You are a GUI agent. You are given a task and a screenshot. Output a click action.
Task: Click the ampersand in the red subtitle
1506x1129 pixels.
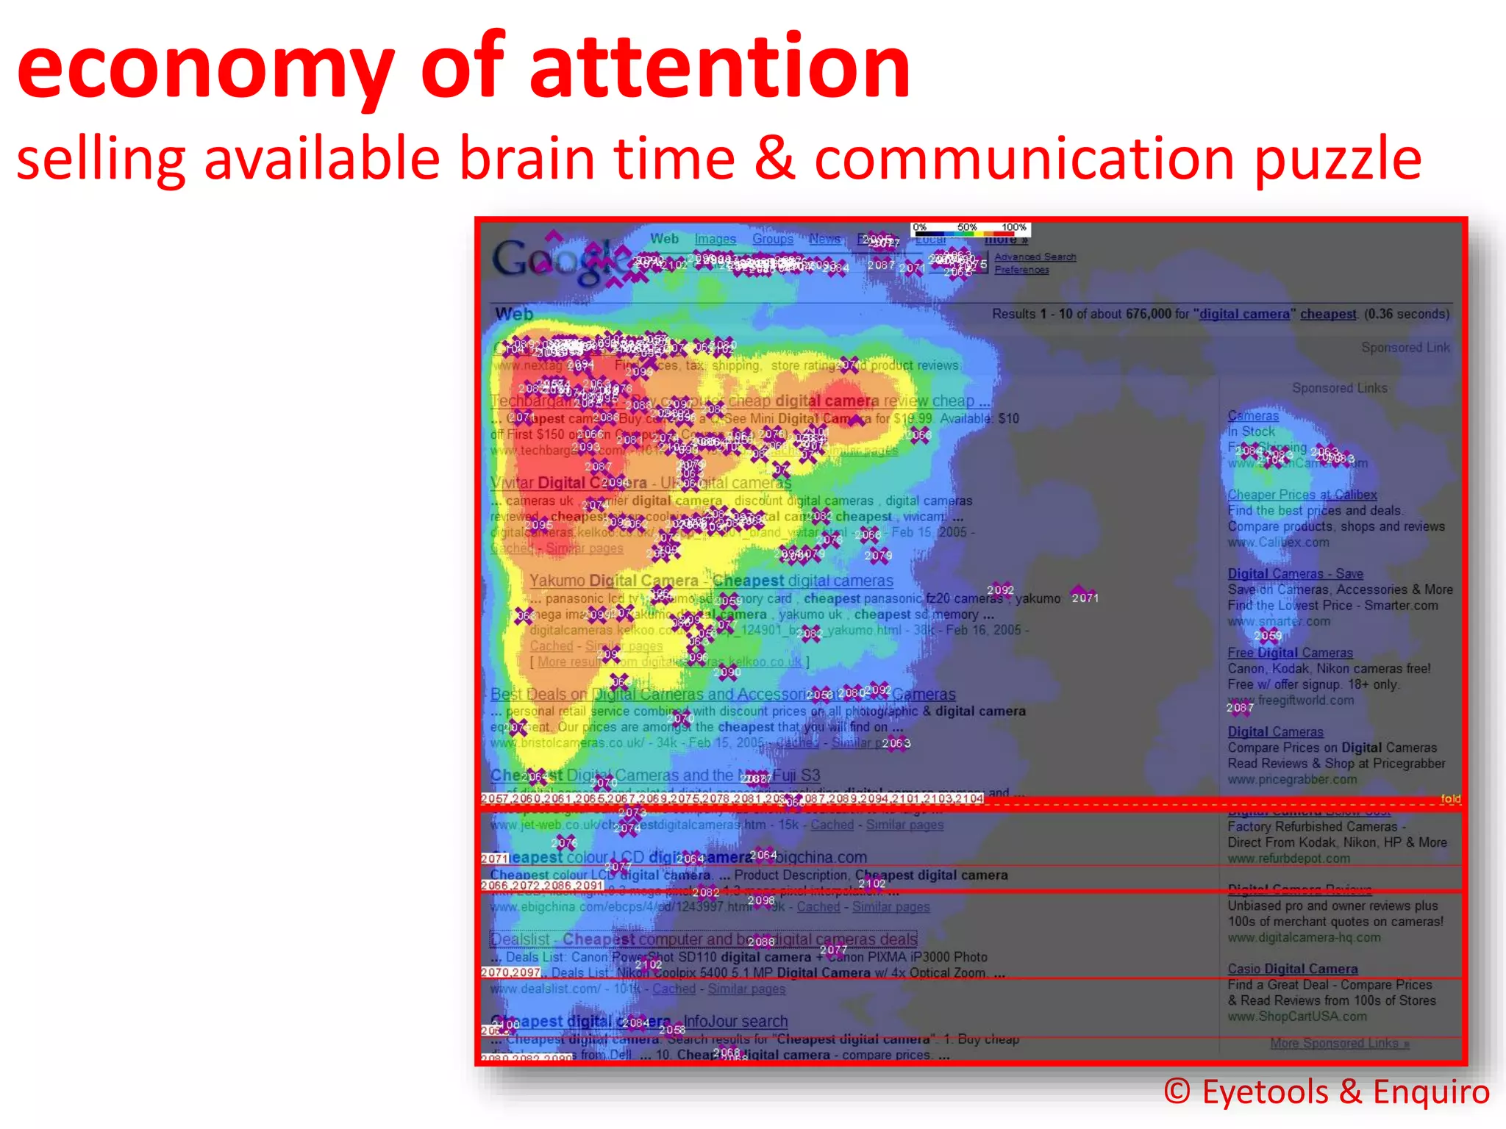point(774,158)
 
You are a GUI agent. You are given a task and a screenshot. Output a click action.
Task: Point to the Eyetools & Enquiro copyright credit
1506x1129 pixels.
point(1327,1092)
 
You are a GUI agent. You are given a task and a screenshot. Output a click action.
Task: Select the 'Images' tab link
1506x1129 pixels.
point(715,239)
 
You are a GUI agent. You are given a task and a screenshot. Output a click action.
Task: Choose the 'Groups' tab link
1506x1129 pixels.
point(772,239)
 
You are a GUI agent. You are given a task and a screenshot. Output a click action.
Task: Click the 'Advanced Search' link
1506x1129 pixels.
point(1035,257)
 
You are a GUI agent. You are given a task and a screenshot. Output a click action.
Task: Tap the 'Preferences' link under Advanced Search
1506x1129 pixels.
point(1021,270)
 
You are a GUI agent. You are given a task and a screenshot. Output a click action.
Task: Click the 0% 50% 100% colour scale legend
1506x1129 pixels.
point(970,229)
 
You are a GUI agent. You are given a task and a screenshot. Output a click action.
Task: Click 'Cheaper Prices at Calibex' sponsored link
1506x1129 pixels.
point(1302,495)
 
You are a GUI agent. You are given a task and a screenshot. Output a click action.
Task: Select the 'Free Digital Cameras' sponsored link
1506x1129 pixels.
point(1290,653)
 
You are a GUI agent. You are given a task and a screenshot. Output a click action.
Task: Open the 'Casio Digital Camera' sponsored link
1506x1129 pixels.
point(1292,969)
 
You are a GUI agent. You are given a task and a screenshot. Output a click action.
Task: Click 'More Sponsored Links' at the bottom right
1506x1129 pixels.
point(1339,1043)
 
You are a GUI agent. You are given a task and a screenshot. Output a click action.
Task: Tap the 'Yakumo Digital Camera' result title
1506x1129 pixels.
point(614,581)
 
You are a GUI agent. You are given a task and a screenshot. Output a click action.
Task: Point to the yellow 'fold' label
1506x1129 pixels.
point(1450,798)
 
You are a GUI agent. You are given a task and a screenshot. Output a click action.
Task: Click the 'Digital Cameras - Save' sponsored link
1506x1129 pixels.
point(1295,573)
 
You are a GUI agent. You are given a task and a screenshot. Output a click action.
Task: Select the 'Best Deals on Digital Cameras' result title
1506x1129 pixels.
point(647,694)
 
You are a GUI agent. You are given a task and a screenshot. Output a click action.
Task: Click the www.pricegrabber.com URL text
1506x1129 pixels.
point(1292,779)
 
